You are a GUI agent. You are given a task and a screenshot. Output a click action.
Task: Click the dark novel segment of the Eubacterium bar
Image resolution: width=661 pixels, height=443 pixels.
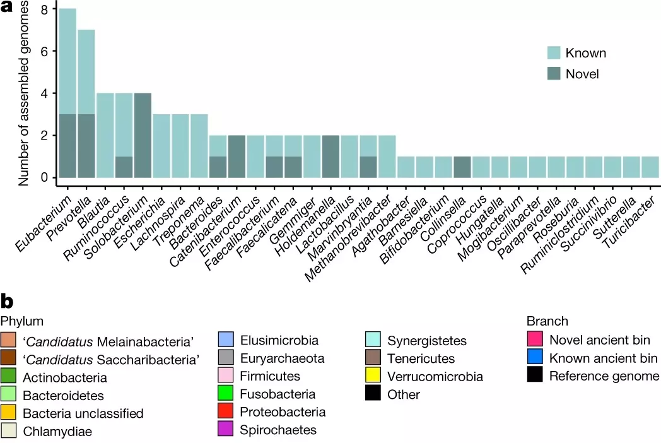67,146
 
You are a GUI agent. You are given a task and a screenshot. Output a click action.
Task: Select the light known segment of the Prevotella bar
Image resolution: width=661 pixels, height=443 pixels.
86,72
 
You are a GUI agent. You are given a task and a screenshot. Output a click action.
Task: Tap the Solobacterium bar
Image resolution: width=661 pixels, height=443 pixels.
143,136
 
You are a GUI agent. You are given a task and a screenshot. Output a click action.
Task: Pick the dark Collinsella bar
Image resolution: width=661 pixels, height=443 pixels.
462,167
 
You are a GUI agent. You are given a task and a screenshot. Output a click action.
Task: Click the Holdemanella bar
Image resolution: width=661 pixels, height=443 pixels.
330,157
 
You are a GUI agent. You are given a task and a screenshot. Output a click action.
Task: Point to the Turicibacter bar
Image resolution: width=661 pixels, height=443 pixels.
650,167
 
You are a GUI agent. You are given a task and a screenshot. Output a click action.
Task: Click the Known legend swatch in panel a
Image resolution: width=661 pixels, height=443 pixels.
554,53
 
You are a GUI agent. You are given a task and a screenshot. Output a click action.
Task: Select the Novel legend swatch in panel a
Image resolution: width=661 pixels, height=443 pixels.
554,74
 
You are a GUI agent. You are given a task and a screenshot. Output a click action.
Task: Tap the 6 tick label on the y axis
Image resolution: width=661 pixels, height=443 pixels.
44,51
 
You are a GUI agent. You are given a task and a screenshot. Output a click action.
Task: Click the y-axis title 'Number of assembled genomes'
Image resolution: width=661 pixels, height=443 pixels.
23,93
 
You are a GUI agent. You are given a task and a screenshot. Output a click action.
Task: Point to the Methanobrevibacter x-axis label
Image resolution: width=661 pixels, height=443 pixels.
348,239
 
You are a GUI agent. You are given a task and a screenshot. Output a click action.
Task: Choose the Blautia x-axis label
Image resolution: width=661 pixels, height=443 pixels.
93,211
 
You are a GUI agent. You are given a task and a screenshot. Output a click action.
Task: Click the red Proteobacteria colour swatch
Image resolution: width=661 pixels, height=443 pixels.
226,411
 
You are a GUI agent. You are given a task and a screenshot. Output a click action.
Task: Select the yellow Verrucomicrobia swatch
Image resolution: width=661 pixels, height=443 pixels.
373,375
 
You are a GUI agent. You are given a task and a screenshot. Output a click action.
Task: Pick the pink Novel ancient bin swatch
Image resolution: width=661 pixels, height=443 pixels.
535,340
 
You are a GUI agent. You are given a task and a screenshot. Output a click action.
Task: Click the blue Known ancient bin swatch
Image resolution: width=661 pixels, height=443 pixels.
535,357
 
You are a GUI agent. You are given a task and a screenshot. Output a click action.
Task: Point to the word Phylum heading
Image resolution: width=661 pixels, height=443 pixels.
22,321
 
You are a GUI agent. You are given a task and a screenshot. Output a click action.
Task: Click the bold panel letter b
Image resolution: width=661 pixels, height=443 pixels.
7,301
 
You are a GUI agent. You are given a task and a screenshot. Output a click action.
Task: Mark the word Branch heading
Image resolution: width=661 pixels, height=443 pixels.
547,321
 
